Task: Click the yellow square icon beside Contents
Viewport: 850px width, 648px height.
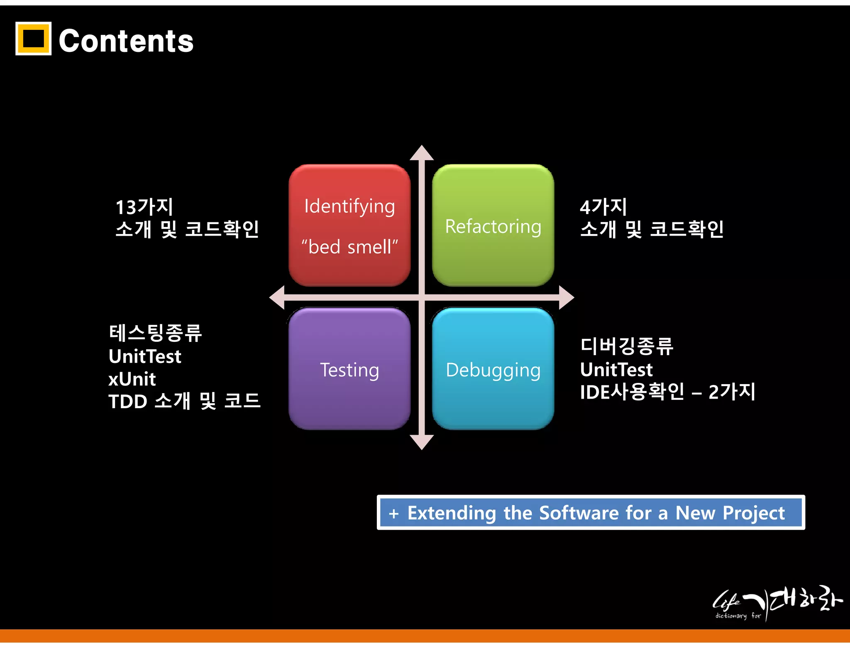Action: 33,39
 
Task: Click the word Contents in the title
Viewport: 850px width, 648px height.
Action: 126,41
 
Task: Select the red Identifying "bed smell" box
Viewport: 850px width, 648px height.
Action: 349,225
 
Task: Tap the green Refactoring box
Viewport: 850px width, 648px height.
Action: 493,225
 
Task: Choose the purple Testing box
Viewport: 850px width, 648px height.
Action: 349,369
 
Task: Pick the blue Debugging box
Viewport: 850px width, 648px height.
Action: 493,369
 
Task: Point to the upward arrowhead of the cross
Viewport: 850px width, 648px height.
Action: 422,153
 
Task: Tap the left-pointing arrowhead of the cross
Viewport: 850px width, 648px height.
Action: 278,297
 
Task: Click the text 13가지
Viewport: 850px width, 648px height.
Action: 144,207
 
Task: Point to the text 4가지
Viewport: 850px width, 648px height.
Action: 603,207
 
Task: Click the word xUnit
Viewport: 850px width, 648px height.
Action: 132,379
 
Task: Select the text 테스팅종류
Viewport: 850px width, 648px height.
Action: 155,333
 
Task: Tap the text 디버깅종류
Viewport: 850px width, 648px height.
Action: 627,346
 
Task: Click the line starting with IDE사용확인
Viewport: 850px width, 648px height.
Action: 667,392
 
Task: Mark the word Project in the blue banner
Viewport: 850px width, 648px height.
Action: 754,513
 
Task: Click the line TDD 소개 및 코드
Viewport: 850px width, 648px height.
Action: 184,401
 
